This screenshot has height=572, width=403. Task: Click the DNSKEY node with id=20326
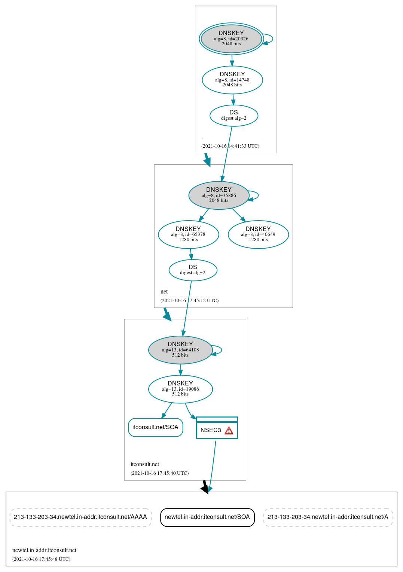coord(231,39)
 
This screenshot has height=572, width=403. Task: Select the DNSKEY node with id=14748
coord(232,80)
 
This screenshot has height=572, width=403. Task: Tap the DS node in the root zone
coord(233,116)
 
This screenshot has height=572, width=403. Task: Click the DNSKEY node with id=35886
coord(219,196)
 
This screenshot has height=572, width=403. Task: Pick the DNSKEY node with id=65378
coord(188,235)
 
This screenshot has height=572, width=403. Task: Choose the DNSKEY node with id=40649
coord(258,235)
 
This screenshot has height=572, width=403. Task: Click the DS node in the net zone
coord(193,270)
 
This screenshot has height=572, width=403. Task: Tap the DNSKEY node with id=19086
coord(180,389)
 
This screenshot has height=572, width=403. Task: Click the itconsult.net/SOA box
coord(155,427)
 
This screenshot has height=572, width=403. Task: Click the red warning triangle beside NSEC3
coord(229,431)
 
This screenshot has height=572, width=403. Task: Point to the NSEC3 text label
coord(211,430)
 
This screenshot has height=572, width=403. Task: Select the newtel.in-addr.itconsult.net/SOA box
coord(207,517)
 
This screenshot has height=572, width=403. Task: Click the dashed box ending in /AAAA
coord(80,517)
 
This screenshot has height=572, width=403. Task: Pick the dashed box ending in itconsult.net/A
coord(328,517)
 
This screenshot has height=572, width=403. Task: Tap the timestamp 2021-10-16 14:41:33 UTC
coord(230,146)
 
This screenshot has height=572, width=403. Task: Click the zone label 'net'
coord(164,292)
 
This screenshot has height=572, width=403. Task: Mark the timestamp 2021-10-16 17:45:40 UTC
coord(159,473)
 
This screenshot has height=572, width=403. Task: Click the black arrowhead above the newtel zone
coord(205,489)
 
